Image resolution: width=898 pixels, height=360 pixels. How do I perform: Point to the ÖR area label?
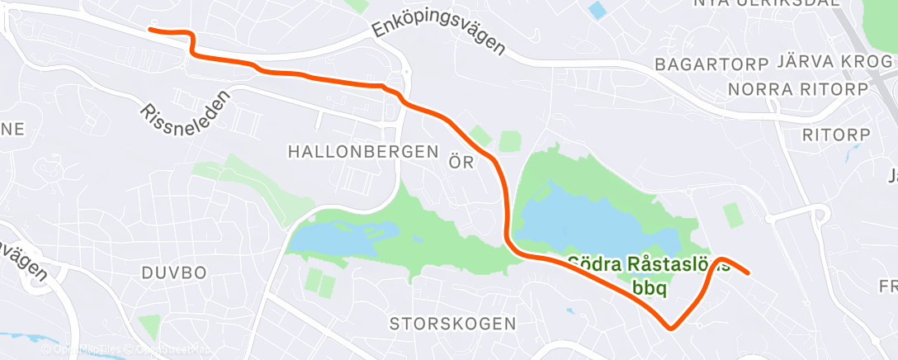tap(461, 162)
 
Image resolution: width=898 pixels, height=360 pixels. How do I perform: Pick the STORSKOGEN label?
tap(453, 323)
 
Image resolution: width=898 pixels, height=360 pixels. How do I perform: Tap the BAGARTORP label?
tap(711, 64)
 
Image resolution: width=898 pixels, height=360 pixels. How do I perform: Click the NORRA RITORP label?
tap(798, 89)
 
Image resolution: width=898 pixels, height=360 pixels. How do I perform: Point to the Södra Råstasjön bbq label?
tap(648, 276)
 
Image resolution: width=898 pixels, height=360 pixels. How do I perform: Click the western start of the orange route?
tap(150, 31)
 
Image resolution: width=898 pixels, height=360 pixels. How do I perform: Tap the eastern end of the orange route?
tap(747, 272)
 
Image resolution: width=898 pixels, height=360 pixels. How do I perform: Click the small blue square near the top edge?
tap(597, 10)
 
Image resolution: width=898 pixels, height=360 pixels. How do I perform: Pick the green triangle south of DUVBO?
tap(149, 325)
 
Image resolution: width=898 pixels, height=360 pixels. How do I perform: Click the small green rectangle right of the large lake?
tap(732, 215)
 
